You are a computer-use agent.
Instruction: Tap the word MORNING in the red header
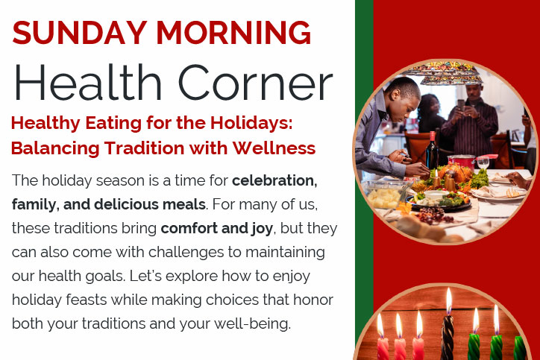[234, 33]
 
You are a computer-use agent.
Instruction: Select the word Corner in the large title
[255, 83]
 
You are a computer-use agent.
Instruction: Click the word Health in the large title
[88, 82]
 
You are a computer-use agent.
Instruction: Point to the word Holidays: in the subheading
[251, 122]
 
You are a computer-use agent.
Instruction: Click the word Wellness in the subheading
[274, 148]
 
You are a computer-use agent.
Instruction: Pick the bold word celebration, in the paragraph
[274, 180]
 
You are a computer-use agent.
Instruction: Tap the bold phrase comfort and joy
[217, 229]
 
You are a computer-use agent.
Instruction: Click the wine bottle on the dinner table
[432, 151]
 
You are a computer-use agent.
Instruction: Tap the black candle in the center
[448, 338]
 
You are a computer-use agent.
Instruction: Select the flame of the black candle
[449, 302]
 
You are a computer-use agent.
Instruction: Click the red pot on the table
[462, 161]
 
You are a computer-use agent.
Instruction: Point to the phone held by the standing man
[462, 104]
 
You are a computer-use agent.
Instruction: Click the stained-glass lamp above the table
[447, 72]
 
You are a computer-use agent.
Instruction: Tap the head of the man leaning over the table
[402, 96]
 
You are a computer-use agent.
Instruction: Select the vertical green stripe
[365, 172]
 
